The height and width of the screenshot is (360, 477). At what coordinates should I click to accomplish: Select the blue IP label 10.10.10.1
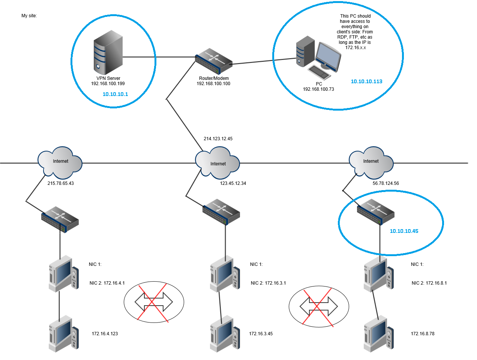click(115, 94)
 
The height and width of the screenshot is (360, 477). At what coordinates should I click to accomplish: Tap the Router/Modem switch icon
click(214, 61)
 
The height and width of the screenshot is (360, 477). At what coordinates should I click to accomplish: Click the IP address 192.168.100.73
click(318, 89)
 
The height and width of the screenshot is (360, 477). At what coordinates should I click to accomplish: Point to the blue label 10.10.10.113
click(366, 81)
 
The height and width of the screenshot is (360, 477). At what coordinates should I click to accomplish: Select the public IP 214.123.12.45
click(218, 139)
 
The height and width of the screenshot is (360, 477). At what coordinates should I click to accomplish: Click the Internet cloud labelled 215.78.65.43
click(60, 162)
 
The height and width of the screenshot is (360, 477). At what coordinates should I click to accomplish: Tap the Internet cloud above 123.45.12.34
click(217, 162)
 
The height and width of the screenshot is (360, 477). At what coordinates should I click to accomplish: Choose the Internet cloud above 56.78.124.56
click(371, 162)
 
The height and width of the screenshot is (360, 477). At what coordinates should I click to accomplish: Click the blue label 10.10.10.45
click(404, 231)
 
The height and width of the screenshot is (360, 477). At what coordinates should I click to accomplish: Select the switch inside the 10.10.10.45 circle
click(375, 212)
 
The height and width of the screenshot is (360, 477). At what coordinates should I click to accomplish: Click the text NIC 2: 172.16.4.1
click(107, 283)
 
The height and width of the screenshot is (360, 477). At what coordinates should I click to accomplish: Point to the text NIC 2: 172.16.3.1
click(268, 283)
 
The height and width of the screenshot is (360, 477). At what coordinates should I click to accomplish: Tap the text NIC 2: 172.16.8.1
click(429, 283)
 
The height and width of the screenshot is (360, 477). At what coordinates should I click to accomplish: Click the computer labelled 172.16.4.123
click(63, 333)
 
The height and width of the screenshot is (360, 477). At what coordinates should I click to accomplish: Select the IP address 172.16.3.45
click(261, 334)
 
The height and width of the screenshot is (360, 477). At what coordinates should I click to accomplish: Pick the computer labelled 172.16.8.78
click(378, 333)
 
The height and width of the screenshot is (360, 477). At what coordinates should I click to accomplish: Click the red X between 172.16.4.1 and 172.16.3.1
click(152, 302)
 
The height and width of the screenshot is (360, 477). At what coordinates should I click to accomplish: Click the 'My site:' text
click(29, 16)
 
